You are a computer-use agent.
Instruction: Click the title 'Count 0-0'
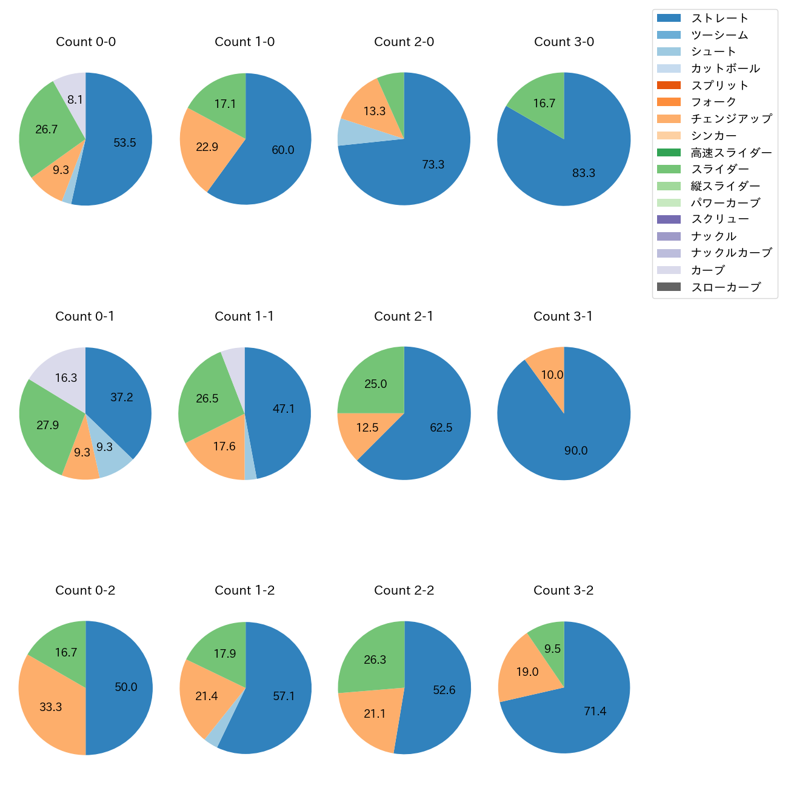coord(85,42)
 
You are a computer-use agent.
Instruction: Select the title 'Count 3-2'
coord(563,590)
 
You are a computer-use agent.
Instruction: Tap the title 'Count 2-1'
coord(403,316)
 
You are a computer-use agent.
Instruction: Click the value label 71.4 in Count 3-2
coord(595,712)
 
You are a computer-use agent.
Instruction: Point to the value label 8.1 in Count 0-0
coord(75,99)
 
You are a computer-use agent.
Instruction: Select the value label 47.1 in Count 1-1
coord(283,409)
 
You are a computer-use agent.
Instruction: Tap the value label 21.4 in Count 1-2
coord(207,696)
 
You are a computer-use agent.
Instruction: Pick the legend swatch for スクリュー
coord(669,219)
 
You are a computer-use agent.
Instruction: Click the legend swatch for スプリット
coord(669,85)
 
